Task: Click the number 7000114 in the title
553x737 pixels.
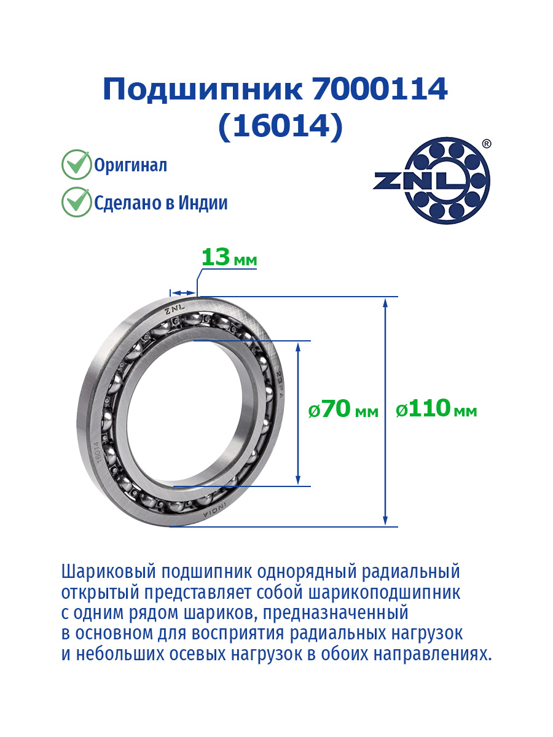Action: click(x=380, y=89)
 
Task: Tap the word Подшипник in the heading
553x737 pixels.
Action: click(x=203, y=90)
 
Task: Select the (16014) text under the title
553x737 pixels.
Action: click(x=281, y=127)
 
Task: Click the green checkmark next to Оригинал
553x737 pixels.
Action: click(x=77, y=164)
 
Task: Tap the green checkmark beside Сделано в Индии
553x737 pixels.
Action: click(x=77, y=202)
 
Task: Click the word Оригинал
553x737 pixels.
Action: click(x=130, y=165)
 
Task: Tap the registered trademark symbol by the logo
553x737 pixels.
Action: click(x=487, y=144)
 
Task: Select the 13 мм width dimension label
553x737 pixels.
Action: click(x=229, y=257)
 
